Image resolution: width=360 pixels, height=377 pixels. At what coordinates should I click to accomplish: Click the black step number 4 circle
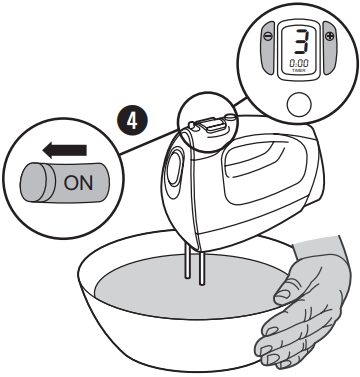pos(132,121)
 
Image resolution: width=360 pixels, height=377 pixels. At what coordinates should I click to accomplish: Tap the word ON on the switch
pos(78,183)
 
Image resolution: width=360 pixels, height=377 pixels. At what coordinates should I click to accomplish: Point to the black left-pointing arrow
pos(65,150)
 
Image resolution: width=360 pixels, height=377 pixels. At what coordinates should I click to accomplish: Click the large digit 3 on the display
pos(301,42)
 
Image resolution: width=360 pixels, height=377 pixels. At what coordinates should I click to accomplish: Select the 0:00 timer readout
pos(299,63)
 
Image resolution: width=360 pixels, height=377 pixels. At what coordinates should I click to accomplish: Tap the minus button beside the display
pos(267,48)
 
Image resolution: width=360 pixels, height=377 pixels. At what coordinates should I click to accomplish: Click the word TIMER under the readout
pos(299,70)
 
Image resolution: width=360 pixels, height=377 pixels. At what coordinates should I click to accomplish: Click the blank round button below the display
pos(299,104)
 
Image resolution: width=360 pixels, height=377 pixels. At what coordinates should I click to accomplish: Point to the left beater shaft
pos(188,261)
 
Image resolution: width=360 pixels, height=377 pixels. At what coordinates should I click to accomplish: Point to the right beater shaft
pos(201,267)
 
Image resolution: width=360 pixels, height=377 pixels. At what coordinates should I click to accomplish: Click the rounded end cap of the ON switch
pos(33,182)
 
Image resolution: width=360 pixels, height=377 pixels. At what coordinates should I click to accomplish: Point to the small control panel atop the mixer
pos(210,125)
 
